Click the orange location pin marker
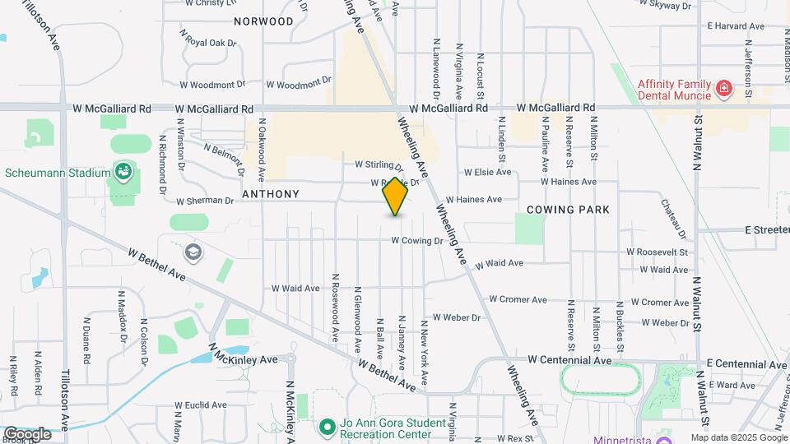point(395,197)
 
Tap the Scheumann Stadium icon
point(123,172)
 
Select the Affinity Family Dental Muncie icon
point(723,88)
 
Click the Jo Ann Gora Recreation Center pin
point(328,428)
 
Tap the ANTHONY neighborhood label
point(271,194)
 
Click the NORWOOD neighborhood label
point(263,21)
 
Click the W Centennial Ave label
point(570,360)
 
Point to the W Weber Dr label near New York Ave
point(456,317)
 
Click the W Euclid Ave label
point(201,405)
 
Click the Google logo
point(27,434)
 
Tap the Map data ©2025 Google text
point(738,438)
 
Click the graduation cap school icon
point(193,252)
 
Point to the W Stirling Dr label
point(379,165)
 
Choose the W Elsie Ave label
point(487,173)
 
